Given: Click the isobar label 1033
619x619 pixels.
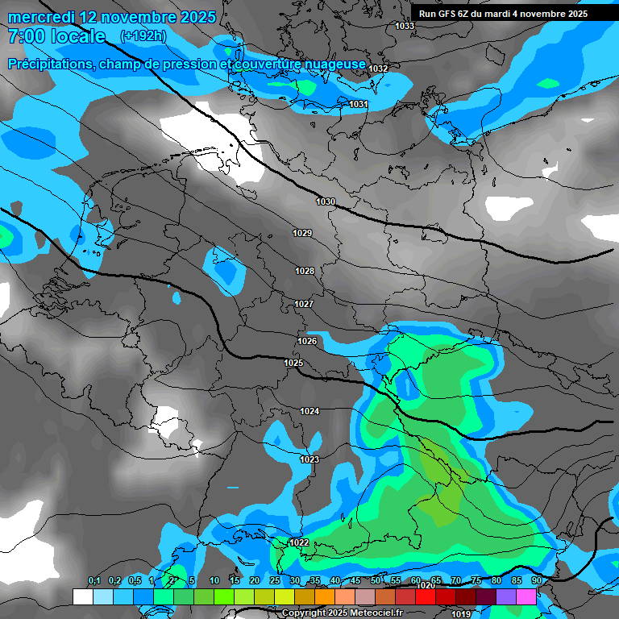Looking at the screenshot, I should click(405, 26).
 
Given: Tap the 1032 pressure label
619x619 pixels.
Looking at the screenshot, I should click(378, 69).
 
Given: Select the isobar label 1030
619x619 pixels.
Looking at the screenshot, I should click(326, 201).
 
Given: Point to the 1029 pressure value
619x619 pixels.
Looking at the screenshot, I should click(302, 233).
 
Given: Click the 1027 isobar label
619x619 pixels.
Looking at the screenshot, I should click(304, 304).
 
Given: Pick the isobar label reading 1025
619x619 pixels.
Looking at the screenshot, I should click(293, 364).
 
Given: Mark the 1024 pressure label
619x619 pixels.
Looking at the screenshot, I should click(309, 411).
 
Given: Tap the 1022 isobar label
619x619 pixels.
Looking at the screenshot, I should click(299, 542).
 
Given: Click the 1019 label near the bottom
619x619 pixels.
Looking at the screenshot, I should click(461, 614).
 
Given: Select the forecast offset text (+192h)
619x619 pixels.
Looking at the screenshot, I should click(143, 35).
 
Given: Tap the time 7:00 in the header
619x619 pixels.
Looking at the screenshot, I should click(26, 36).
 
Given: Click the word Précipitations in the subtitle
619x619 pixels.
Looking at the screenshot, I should click(50, 64).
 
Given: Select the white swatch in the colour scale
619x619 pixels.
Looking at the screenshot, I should click(82, 596).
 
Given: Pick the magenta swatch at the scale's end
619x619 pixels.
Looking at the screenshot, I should click(526, 596).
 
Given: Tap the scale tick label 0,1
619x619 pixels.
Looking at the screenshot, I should click(93, 581).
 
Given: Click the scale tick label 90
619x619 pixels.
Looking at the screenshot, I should click(536, 581).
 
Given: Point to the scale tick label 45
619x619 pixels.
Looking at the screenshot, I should click(355, 581).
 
